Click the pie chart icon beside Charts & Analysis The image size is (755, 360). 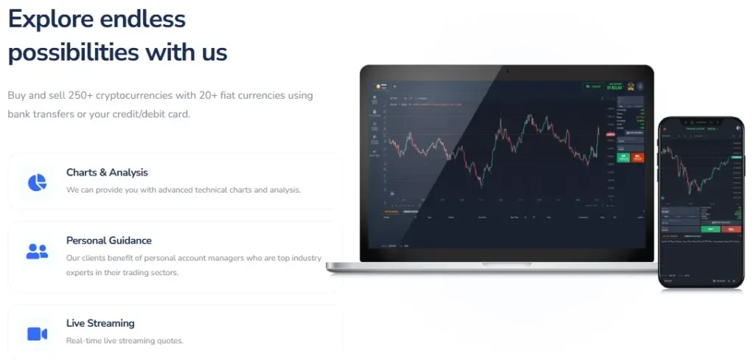coord(37,181)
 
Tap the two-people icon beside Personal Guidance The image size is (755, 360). coord(37,251)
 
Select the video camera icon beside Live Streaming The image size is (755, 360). coord(37,333)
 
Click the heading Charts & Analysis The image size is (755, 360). coord(107,173)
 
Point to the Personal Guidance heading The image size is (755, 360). coord(108,240)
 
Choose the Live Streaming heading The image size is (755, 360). coord(100,323)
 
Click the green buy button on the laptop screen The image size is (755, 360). coord(624,156)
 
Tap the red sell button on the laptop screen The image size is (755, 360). coord(637,156)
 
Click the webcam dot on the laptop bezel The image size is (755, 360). coord(507,72)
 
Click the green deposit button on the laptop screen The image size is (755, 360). coord(594,86)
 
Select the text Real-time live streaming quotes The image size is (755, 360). coord(125,341)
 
